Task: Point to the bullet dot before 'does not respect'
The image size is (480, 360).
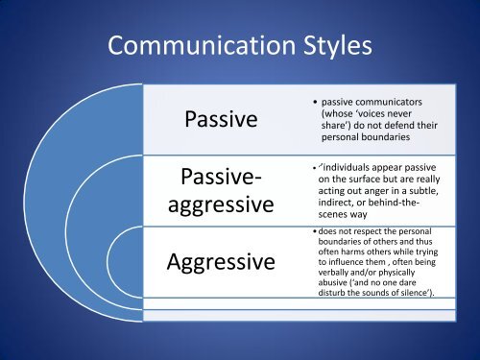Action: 316,231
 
